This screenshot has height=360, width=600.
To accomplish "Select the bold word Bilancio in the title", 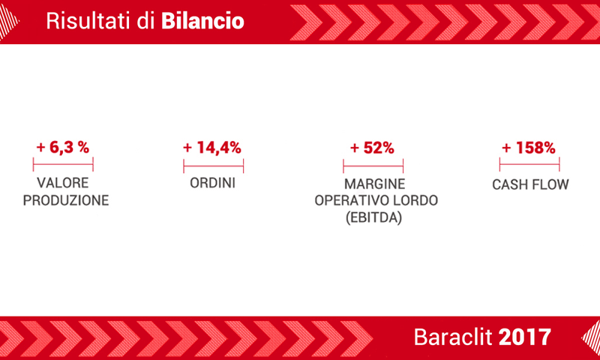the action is (202, 21).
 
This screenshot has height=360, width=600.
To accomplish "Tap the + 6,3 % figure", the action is (63, 147).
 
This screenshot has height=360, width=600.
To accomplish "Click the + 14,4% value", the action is (212, 148).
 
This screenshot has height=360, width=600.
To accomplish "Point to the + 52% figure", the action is (372, 148).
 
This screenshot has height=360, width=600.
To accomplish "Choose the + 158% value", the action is (529, 148).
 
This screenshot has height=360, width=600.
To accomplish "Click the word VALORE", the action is (63, 183).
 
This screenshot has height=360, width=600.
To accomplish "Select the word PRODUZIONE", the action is (66, 200).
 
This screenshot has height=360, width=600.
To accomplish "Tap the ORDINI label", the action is (213, 183).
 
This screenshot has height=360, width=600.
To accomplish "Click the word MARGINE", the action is (374, 184).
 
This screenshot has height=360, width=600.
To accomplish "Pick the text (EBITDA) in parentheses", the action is (373, 218).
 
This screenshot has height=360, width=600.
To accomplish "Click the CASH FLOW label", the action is (530, 184).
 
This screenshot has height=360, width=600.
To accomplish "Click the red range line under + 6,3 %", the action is (63, 164).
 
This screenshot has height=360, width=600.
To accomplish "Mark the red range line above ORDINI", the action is (214, 166).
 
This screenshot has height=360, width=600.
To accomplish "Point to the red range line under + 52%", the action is (373, 166).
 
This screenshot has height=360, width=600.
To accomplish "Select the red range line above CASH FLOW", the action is (529, 164).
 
